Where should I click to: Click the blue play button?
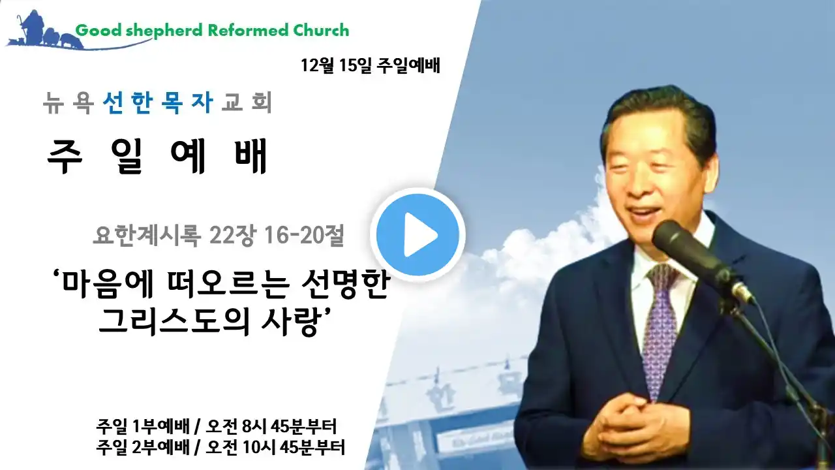[x=417, y=235]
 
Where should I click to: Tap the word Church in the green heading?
[x=321, y=31]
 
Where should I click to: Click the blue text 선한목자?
[x=158, y=102]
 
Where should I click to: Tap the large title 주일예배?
[x=157, y=156]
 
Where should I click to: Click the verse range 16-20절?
[x=303, y=236]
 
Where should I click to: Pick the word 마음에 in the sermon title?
[x=103, y=286]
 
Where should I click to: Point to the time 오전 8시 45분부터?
[x=271, y=427]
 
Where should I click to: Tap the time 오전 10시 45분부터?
[x=275, y=448]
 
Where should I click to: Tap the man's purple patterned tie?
[x=661, y=328]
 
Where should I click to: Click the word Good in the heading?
[x=99, y=31]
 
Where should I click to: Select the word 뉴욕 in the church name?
[x=68, y=102]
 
